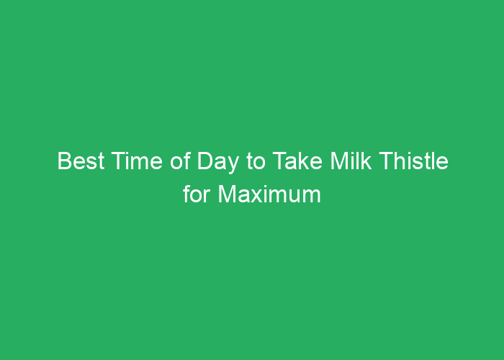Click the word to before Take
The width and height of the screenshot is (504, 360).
tap(256, 162)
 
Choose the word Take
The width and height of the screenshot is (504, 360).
tap(297, 162)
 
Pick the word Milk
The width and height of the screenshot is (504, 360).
tap(351, 162)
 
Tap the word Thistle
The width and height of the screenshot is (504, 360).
tap(415, 162)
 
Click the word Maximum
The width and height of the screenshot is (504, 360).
tap(271, 194)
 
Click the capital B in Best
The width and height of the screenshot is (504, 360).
tap(63, 162)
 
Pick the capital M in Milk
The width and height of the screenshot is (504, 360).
tap(338, 162)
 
